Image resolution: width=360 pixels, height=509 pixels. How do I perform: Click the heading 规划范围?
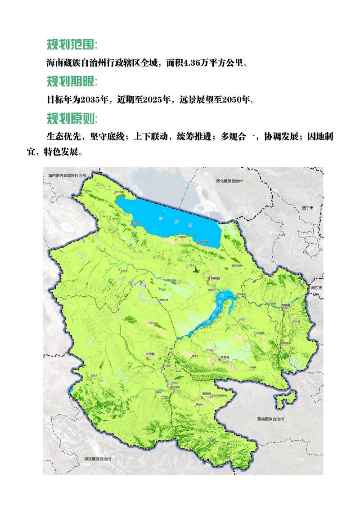pyautogui.click(x=72, y=45)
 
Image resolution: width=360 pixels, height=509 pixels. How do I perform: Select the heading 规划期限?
pyautogui.click(x=72, y=81)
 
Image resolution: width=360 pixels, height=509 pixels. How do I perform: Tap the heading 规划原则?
pyautogui.click(x=72, y=118)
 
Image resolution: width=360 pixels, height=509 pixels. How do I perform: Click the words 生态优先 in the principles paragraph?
pyautogui.click(x=64, y=137)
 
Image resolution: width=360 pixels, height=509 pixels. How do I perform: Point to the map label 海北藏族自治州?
pyautogui.click(x=229, y=181)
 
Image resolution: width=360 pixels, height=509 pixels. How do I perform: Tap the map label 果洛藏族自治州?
pyautogui.click(x=97, y=459)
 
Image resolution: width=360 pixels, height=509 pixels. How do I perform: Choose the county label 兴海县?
pyautogui.click(x=150, y=354)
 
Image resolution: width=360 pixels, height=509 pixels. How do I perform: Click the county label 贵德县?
pyautogui.click(x=284, y=305)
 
